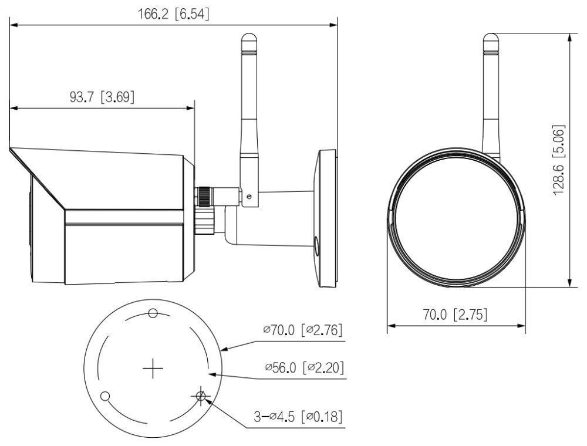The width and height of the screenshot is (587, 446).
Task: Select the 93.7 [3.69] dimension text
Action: pos(102,97)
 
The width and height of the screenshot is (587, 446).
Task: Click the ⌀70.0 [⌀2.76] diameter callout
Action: pos(303,330)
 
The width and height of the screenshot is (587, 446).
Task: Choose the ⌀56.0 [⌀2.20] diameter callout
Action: pos(303,368)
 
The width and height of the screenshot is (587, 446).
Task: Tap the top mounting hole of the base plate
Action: pos(153,313)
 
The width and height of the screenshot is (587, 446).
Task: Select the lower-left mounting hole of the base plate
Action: pos(105,397)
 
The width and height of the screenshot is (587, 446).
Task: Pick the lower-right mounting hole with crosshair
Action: pos(201,397)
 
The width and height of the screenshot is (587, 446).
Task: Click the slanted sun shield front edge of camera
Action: pos(36,178)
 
